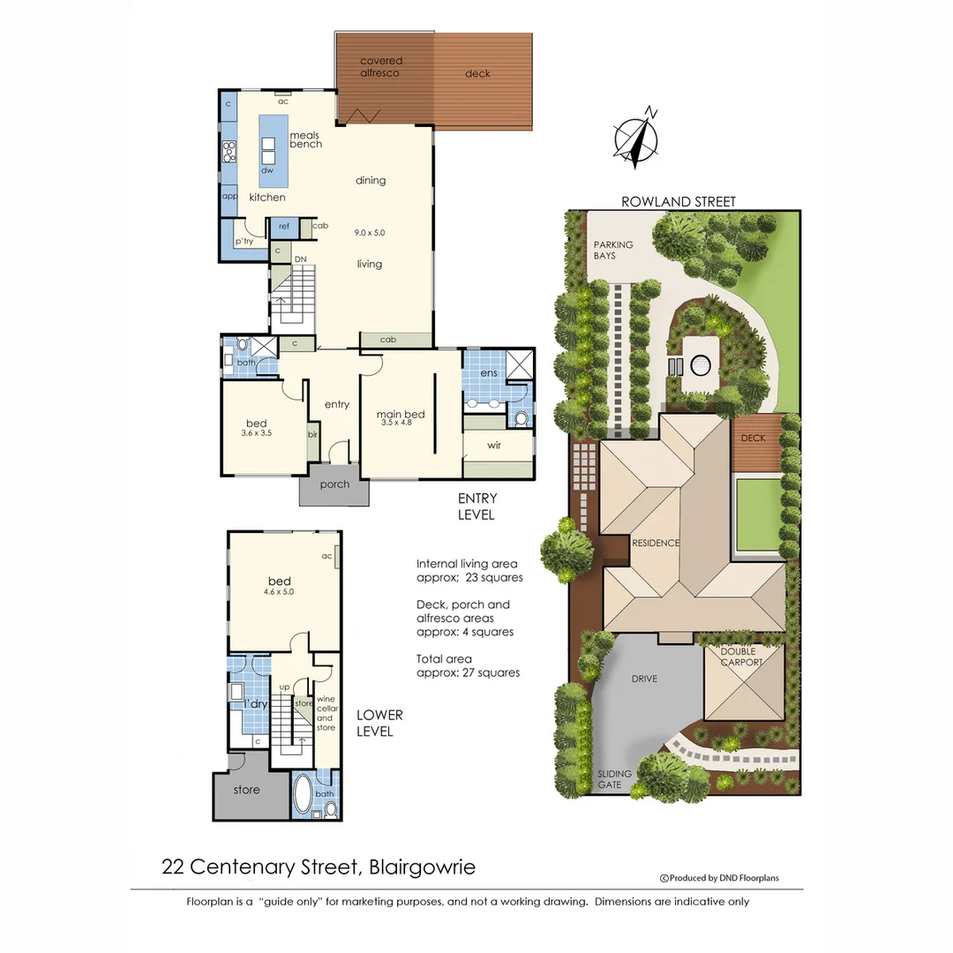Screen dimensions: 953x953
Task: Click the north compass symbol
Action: click(x=637, y=139)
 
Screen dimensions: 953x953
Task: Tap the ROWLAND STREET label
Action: click(x=678, y=202)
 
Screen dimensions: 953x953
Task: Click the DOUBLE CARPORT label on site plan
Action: click(x=743, y=657)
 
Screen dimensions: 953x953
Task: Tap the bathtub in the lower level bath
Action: click(x=302, y=792)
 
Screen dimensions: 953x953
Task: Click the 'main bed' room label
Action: click(x=401, y=416)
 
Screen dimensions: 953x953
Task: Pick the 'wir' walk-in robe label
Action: click(x=494, y=446)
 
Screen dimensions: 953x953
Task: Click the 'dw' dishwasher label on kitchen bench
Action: click(x=267, y=170)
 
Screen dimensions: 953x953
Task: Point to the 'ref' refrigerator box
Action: click(x=284, y=227)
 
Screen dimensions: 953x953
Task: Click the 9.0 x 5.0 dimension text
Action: click(x=369, y=233)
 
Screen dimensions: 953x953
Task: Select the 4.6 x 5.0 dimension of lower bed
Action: click(x=279, y=592)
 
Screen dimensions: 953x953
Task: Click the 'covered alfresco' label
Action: click(x=381, y=67)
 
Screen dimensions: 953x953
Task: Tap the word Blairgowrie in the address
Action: click(x=423, y=867)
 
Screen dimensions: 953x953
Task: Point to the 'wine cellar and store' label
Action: click(x=326, y=713)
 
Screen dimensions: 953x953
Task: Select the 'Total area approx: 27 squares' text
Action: click(x=468, y=665)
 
